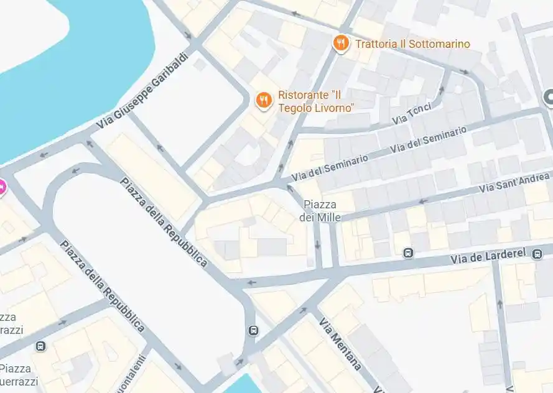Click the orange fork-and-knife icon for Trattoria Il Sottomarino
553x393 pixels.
tap(340, 44)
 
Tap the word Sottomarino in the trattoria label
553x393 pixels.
tap(439, 44)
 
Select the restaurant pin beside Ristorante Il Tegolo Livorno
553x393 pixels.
tap(264, 100)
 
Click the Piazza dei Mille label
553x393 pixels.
tap(320, 211)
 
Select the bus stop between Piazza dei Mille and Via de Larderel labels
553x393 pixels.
tap(408, 252)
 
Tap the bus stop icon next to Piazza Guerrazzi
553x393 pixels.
tap(40, 346)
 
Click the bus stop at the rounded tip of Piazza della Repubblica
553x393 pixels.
tap(253, 330)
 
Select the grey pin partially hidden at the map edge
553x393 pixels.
tap(549, 97)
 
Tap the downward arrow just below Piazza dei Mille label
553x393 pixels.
tap(318, 244)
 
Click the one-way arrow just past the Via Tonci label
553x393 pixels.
tap(442, 89)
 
